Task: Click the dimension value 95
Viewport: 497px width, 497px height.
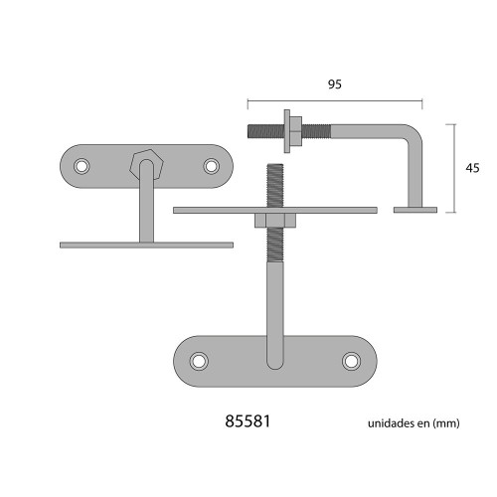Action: [x=334, y=85]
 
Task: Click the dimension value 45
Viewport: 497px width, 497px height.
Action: [x=472, y=168]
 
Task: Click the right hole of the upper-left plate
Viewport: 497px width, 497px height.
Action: [x=211, y=165]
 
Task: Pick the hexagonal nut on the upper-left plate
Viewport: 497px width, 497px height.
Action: [x=146, y=162]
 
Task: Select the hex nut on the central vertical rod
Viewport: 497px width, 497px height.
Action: [x=275, y=221]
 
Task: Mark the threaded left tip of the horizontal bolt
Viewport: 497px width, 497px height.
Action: [x=256, y=130]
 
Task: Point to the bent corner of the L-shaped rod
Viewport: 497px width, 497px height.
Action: [x=415, y=133]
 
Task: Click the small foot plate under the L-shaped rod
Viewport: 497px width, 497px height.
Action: [x=415, y=210]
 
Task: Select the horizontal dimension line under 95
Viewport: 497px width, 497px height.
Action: [x=334, y=100]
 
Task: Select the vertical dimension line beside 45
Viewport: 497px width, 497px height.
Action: [x=455, y=168]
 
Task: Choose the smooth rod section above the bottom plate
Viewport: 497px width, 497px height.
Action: [x=275, y=298]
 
